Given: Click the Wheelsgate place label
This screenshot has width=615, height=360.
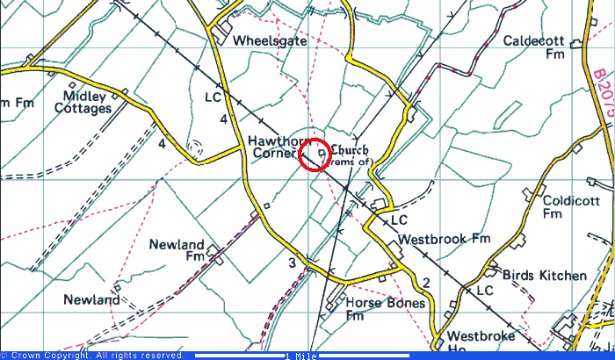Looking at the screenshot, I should pyautogui.click(x=271, y=40).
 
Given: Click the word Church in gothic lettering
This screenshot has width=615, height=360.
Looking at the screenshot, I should pyautogui.click(x=350, y=149).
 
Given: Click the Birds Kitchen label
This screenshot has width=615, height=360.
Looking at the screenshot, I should pyautogui.click(x=545, y=275).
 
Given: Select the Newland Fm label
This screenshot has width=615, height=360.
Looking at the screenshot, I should pyautogui.click(x=181, y=250).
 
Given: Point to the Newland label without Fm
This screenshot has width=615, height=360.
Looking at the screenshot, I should pyautogui.click(x=91, y=299).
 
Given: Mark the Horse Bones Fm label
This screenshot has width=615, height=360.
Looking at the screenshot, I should pyautogui.click(x=385, y=309).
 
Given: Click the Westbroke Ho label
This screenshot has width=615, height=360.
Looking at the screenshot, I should pyautogui.click(x=477, y=342).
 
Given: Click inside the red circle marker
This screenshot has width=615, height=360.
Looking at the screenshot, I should pyautogui.click(x=315, y=155).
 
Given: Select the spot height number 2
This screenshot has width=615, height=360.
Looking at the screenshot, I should pyautogui.click(x=425, y=281).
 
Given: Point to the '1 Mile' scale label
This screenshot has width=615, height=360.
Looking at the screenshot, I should pyautogui.click(x=300, y=356).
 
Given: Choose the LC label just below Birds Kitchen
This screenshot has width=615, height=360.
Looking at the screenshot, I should pyautogui.click(x=484, y=289).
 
